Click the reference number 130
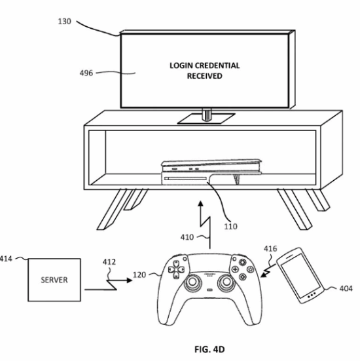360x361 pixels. pos(64,22)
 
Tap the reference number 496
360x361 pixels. pos(86,73)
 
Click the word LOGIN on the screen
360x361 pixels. pos(181,66)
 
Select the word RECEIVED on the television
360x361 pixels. pos(204,76)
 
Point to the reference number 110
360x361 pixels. pos(230,227)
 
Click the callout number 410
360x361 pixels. pos(187,237)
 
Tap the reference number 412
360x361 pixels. pos(109,262)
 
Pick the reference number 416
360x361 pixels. pos(270,249)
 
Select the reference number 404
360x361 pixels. pos(346,288)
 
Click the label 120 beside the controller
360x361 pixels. pos(139,275)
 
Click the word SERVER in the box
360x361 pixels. pos(54,280)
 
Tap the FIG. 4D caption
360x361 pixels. pos(209,349)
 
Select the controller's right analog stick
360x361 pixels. pos(226,282)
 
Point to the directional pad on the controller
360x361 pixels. pos(177,269)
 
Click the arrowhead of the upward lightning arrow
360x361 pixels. pos(201,204)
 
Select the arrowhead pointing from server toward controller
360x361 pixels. pos(130,280)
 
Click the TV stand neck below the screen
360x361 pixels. pos(207,115)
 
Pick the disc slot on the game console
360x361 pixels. pos(186,179)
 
